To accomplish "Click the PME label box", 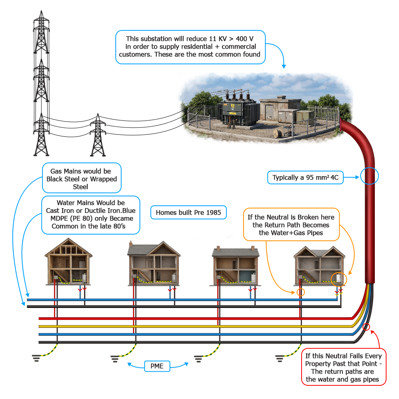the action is (x=157, y=366).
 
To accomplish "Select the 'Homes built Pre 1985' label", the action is (x=188, y=212).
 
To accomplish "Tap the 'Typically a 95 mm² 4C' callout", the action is (x=305, y=177).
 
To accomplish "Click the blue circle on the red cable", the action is (x=369, y=168).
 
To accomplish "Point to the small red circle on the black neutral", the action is (x=366, y=323).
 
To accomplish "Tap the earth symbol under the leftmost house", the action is (x=36, y=358).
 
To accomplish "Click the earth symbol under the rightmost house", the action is (x=279, y=358).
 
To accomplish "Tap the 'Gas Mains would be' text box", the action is (x=82, y=178).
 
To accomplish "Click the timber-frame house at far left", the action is (x=69, y=261).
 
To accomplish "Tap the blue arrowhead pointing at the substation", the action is (x=284, y=66).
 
